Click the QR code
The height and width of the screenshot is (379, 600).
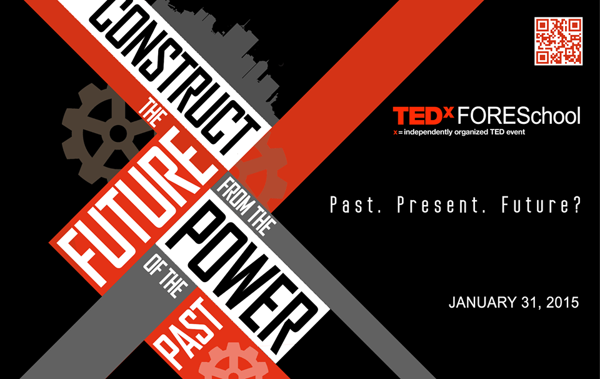pos(558,41)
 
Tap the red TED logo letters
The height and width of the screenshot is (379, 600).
pos(418,116)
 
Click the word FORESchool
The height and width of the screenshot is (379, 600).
pos(519,116)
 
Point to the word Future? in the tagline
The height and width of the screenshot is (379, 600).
pos(541,205)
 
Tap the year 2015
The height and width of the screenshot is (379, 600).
pos(562,303)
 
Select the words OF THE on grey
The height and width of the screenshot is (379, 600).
pos(165,276)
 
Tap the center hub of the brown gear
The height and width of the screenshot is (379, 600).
pos(118,133)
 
